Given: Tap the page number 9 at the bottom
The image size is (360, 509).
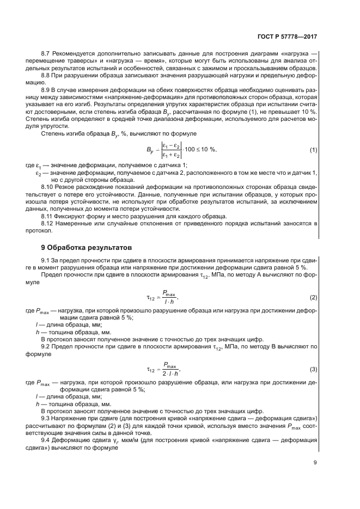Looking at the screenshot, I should (315, 463).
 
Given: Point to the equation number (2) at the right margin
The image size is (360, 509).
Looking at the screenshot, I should (313, 297).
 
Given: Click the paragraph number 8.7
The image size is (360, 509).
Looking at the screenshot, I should (46, 54).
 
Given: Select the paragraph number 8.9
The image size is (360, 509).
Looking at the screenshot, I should (46, 90).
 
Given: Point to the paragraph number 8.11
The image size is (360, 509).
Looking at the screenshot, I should (48, 216).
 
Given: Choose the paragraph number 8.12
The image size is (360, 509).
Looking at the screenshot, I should (48, 223).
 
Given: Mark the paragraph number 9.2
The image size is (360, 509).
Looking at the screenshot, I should (46, 346).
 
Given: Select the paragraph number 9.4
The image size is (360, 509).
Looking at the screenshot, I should (46, 439).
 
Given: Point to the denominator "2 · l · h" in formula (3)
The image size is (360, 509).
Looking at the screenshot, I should (170, 374).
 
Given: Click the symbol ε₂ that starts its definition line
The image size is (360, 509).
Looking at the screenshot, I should (39, 173).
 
